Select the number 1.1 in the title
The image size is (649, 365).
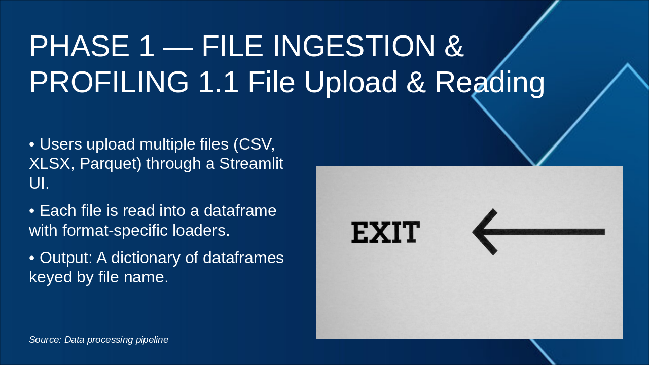coord(218,82)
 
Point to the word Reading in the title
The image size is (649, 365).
coord(490,82)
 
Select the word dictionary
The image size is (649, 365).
coord(153,258)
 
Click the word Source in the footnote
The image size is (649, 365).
coord(44,340)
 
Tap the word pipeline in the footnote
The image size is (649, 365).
coord(152,340)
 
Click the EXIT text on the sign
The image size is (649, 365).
coord(385,232)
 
